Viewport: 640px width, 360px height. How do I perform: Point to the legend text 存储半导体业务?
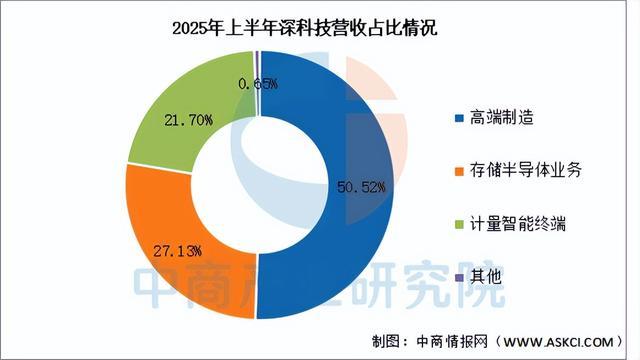point(525,171)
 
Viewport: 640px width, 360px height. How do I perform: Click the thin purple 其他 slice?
point(257,62)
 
